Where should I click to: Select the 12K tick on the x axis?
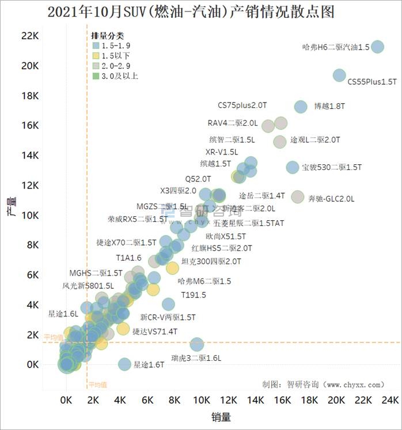click(x=228, y=400)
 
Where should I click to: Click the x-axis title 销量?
click(x=221, y=416)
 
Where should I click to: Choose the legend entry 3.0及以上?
click(x=119, y=76)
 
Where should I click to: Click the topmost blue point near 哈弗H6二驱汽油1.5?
click(x=378, y=47)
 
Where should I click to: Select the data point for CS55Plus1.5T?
click(x=339, y=75)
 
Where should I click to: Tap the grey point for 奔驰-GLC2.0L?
click(x=297, y=197)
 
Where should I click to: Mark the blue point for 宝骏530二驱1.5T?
click(x=293, y=167)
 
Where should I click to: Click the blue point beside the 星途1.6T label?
click(x=124, y=364)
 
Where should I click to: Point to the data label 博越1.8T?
click(x=329, y=107)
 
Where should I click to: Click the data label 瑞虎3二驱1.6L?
click(x=196, y=358)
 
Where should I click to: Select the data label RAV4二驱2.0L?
click(x=233, y=123)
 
